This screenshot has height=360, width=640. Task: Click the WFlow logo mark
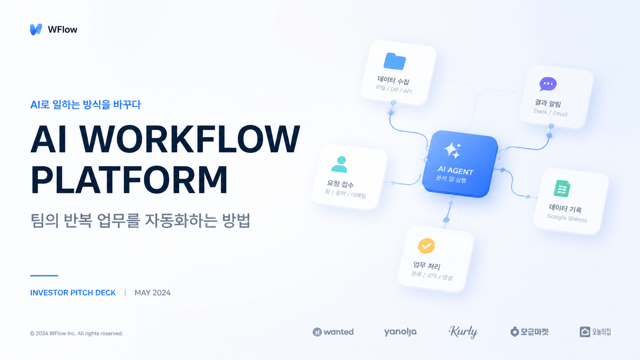(x=36, y=30)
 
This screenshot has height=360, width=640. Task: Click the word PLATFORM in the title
(x=130, y=180)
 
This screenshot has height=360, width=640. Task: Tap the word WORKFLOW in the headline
(x=190, y=139)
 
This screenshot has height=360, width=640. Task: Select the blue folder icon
(x=395, y=61)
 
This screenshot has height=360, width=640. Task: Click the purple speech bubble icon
(x=548, y=84)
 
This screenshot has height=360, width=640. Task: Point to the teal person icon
(x=340, y=164)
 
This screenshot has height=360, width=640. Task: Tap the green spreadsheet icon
(x=562, y=188)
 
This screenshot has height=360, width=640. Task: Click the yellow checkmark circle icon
(x=426, y=246)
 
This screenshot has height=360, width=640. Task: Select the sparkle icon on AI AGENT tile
(x=452, y=150)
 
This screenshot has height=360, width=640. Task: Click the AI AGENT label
(x=456, y=170)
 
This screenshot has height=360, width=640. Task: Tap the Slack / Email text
(x=550, y=112)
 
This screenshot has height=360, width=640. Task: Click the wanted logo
(x=333, y=332)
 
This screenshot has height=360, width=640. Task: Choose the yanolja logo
(x=400, y=332)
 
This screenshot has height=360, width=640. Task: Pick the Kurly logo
(x=463, y=332)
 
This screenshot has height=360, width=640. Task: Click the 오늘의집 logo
(x=595, y=332)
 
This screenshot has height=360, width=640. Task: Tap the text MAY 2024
(x=152, y=293)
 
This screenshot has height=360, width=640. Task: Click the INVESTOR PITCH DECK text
(x=73, y=293)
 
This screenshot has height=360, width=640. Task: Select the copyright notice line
(x=77, y=333)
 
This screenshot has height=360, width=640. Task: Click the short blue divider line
(x=44, y=276)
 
